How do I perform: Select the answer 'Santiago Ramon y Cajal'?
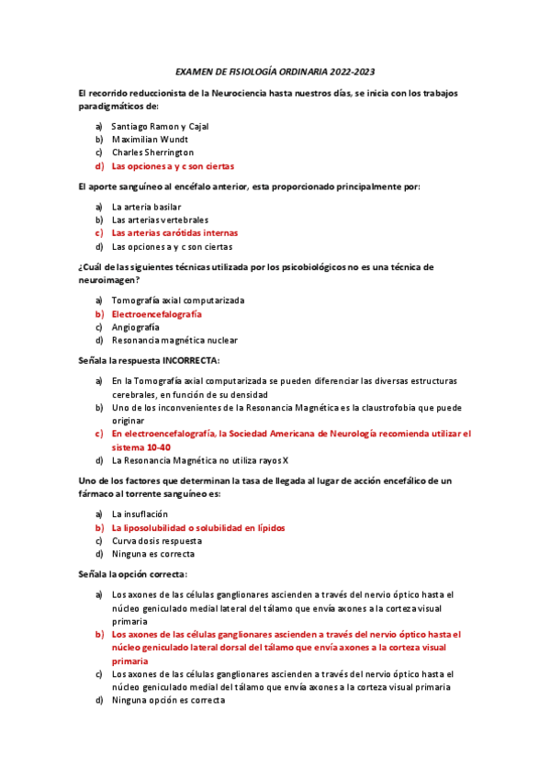tap(160, 126)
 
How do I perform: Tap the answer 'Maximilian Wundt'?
tap(150, 140)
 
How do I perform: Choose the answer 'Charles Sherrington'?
tap(152, 152)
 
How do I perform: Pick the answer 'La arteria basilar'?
tap(146, 207)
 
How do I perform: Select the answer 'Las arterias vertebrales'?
tap(160, 220)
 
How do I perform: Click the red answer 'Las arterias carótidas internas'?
tap(174, 233)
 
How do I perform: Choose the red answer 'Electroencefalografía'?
tap(157, 314)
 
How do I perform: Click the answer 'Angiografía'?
tap(135, 327)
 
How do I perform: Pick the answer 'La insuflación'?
tap(140, 514)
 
